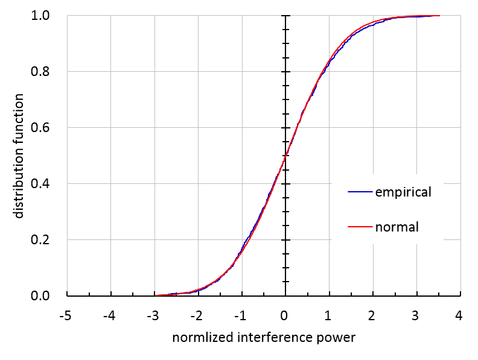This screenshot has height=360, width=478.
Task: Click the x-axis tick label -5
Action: [x=66, y=315]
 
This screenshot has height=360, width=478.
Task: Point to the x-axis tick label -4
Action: [x=109, y=315]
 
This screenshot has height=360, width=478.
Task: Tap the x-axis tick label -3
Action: [x=153, y=315]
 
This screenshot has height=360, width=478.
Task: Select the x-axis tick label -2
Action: [x=197, y=315]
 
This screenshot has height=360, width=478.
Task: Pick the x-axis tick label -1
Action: [x=240, y=315]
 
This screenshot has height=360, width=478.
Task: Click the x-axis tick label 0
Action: [x=285, y=315]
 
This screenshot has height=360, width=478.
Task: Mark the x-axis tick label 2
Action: [x=372, y=315]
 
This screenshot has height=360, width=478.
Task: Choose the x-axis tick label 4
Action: [x=459, y=315]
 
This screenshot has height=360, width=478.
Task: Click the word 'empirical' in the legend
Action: [x=403, y=193]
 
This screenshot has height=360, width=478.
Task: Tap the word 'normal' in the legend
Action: [x=397, y=227]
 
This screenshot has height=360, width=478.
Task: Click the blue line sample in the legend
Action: [x=360, y=192]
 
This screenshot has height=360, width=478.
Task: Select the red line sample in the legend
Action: [x=360, y=227]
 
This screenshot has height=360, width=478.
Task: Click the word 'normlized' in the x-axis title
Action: [x=199, y=338]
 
